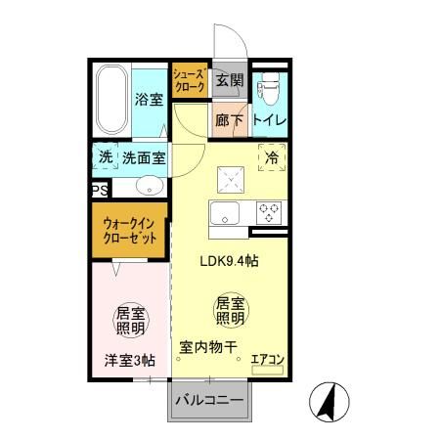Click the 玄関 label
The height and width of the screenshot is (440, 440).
[x=229, y=80]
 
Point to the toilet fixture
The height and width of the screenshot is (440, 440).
[x=269, y=88]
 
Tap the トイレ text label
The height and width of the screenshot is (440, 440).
[x=269, y=119]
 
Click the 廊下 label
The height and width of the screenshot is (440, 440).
[x=229, y=119]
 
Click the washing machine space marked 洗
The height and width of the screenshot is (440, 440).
[x=104, y=156]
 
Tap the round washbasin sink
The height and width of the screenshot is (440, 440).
[x=149, y=186]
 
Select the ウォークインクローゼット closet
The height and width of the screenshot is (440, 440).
[x=128, y=232]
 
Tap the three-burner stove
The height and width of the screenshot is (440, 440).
[x=269, y=210]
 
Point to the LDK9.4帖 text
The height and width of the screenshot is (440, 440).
[x=231, y=261]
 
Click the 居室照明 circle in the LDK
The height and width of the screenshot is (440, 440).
[x=231, y=311]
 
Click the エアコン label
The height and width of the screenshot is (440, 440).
[x=267, y=360]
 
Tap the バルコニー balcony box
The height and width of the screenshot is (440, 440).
[x=210, y=400]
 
